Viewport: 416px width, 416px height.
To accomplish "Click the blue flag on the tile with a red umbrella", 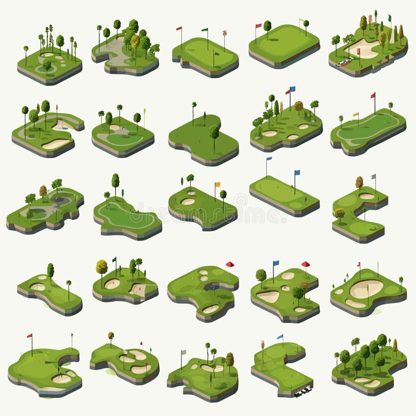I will pyautogui.click(x=276, y=263).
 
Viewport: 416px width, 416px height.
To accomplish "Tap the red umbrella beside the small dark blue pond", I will pyautogui.click(x=229, y=264).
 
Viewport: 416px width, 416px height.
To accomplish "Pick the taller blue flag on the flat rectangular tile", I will pyautogui.click(x=297, y=173).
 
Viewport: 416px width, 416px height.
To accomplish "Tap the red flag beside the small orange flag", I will pyautogui.click(x=373, y=96).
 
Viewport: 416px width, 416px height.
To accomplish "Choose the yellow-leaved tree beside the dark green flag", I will pyautogui.click(x=101, y=267).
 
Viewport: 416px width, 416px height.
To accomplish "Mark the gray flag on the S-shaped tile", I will pyautogui.click(x=373, y=177).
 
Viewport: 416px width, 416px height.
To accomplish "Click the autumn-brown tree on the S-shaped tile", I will pyautogui.click(x=359, y=182).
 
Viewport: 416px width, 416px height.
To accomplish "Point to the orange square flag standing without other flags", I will pyautogui.click(x=217, y=184).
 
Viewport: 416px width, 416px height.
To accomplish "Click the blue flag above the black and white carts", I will pyautogui.click(x=280, y=337).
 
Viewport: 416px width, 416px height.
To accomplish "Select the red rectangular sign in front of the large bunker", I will pyautogui.click(x=358, y=51).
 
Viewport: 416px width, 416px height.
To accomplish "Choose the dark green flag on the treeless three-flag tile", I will pyautogui.click(x=205, y=30).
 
